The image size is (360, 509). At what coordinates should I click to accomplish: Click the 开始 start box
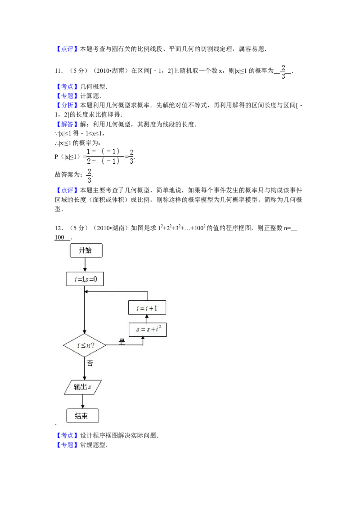(x=86, y=251)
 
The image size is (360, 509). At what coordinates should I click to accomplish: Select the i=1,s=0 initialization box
(x=84, y=279)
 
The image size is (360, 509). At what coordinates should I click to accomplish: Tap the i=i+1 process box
(x=147, y=308)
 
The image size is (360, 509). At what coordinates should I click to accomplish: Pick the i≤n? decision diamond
(x=85, y=345)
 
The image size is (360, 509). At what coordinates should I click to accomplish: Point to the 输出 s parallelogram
(x=83, y=387)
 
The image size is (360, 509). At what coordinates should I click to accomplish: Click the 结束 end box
(x=82, y=416)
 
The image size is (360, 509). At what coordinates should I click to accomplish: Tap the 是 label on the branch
(x=121, y=342)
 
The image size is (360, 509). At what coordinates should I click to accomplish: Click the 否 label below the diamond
(x=90, y=363)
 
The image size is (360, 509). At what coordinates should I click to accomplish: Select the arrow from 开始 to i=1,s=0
(x=85, y=265)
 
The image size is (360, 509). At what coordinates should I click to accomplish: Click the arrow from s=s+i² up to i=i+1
(x=147, y=319)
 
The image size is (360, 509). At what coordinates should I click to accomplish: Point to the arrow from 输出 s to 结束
(x=83, y=402)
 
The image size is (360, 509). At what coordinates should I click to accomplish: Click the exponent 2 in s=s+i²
(x=160, y=327)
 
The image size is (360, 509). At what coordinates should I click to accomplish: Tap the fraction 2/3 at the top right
(x=283, y=72)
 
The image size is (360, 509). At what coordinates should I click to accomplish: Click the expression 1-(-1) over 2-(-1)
(x=103, y=156)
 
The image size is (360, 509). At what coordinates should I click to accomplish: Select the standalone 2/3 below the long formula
(x=89, y=177)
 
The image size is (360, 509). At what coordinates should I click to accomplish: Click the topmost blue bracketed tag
(x=67, y=49)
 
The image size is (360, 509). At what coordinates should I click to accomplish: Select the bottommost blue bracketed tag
(x=67, y=445)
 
